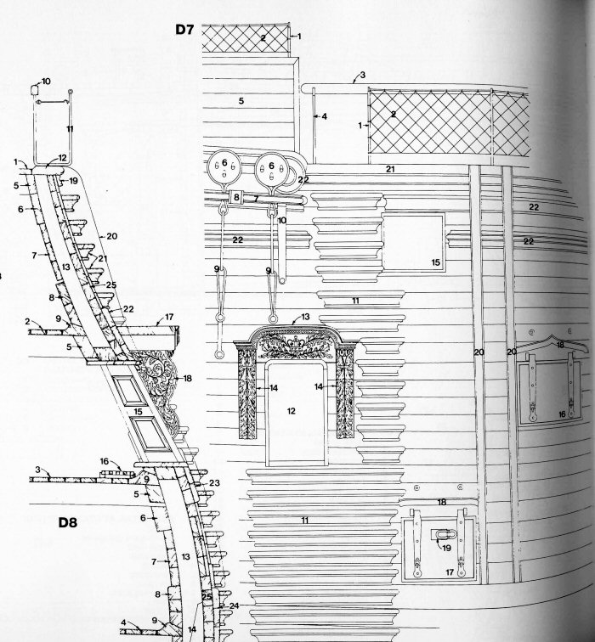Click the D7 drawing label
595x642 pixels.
[x=186, y=30]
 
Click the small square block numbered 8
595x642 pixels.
[x=236, y=197]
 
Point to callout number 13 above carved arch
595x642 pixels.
[x=305, y=317]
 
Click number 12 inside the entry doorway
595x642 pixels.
[x=291, y=411]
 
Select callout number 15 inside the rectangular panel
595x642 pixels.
[x=435, y=263]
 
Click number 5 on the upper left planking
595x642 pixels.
[x=241, y=101]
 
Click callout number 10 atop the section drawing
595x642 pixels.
[x=46, y=82]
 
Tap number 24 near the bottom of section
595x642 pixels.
[x=235, y=605]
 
